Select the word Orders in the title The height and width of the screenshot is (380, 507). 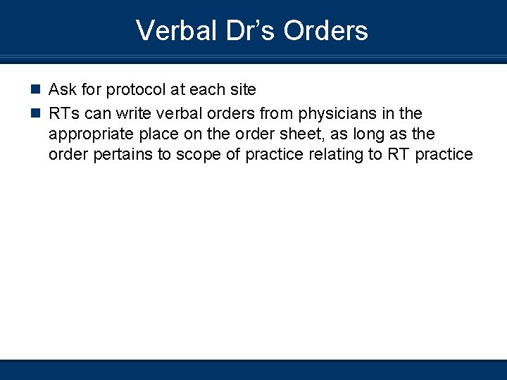pyautogui.click(x=325, y=30)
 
